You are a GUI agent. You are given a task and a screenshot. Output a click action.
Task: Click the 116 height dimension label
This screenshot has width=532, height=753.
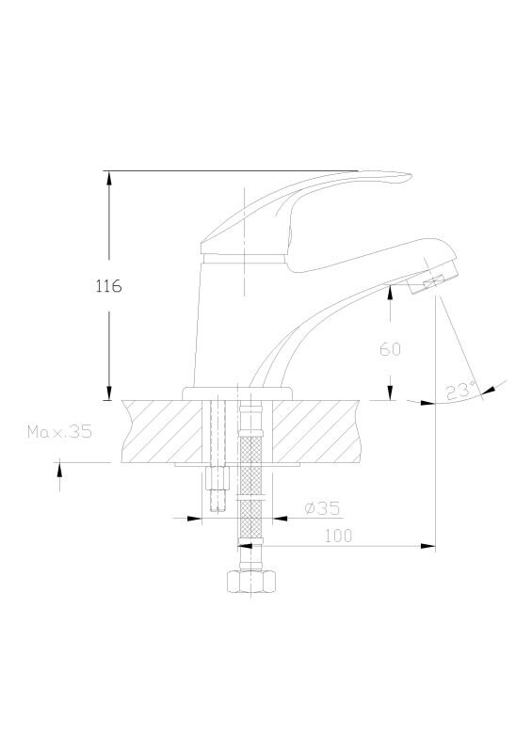109,286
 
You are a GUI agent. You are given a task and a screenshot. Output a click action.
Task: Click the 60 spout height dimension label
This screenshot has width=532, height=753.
390,349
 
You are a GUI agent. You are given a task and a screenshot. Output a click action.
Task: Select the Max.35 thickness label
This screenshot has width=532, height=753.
59,432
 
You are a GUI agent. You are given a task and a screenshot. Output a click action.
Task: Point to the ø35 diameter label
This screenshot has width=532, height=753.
322,507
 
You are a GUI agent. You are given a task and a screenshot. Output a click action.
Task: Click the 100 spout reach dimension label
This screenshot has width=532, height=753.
338,536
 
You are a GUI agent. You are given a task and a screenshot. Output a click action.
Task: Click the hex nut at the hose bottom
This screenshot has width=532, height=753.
251,582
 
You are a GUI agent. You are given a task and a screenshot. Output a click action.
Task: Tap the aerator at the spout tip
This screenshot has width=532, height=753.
432,281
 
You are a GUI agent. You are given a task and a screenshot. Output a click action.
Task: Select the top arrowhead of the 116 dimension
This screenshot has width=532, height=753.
109,178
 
